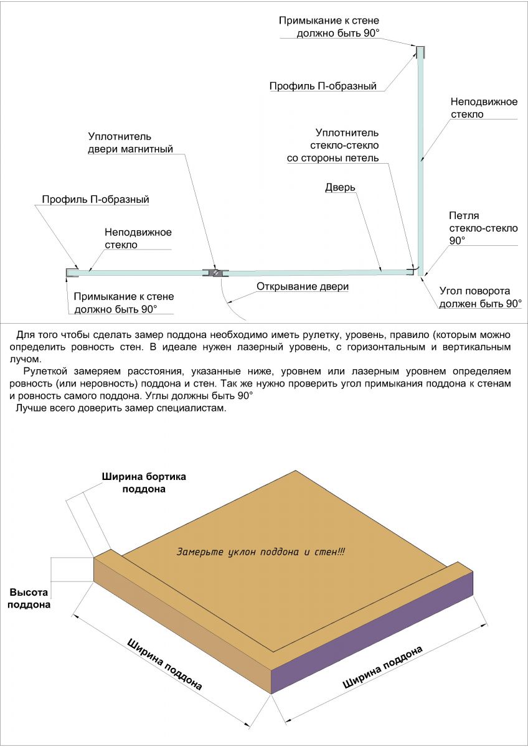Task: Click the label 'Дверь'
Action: click(x=340, y=187)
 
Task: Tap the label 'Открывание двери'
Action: click(x=303, y=286)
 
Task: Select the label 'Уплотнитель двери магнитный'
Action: click(x=130, y=143)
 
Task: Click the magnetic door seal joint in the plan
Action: click(x=216, y=273)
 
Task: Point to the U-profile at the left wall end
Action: click(x=72, y=273)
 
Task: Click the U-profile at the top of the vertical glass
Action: click(x=421, y=52)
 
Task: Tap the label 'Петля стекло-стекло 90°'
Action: click(x=483, y=228)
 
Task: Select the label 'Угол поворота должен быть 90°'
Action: click(x=480, y=297)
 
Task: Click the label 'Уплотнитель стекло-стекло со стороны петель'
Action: click(x=333, y=146)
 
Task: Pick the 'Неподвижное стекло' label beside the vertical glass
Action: click(x=484, y=108)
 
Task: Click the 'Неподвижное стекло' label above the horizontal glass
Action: click(x=138, y=238)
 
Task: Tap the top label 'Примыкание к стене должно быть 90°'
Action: click(x=329, y=27)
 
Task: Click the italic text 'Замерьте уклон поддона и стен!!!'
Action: click(x=260, y=552)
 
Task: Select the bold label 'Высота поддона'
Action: click(x=29, y=598)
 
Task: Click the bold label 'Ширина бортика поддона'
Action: click(x=144, y=482)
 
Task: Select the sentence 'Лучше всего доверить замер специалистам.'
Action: click(x=121, y=408)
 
